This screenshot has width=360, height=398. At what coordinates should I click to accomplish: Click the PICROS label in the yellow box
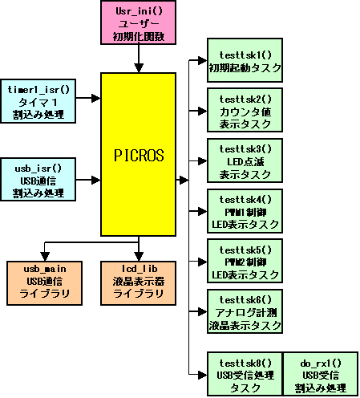tap(139, 156)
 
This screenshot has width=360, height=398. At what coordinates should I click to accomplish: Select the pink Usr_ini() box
tap(138, 22)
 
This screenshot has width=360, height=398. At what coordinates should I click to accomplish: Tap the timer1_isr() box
tap(38, 101)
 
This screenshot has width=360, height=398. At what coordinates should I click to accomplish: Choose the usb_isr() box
tap(38, 180)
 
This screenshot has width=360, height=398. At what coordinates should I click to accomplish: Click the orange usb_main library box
tap(44, 283)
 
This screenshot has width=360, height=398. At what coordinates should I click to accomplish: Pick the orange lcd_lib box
tap(138, 283)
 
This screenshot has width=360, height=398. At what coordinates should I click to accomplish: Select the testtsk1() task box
tap(245, 60)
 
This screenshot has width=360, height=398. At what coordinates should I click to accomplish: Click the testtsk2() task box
tap(245, 110)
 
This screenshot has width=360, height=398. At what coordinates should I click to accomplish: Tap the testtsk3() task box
tap(245, 160)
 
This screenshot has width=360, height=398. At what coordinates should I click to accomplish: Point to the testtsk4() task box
tap(245, 211)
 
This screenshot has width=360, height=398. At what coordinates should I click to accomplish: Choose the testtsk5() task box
tap(245, 261)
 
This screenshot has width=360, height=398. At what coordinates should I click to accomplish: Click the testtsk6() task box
tap(245, 311)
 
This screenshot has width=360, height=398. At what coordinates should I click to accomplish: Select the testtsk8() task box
tap(245, 374)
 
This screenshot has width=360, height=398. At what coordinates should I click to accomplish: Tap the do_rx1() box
tap(321, 374)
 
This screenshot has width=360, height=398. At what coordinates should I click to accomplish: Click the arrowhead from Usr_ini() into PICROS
tap(139, 68)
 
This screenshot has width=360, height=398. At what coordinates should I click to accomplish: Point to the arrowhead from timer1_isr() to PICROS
tap(96, 98)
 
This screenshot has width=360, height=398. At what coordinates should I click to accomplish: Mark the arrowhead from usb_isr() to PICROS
tap(96, 180)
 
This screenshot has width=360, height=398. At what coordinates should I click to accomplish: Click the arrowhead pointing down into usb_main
tap(45, 257)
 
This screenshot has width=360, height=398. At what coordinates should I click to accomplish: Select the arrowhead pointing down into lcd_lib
tap(139, 257)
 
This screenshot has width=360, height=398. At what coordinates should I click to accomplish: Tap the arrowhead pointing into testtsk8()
tap(203, 375)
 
